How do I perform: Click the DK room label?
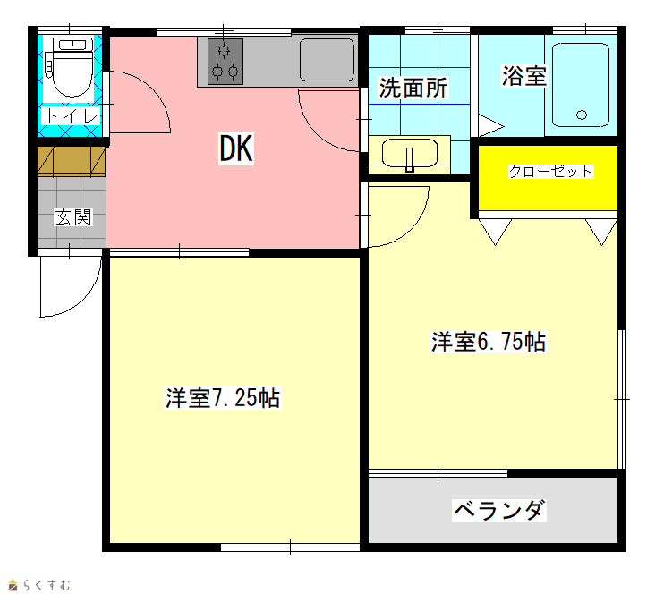point(236,148)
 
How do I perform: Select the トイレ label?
point(72,115)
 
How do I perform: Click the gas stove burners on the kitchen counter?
point(225,62)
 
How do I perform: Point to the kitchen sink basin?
point(327,60)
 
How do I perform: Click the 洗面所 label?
point(413,88)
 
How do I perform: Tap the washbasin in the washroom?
point(410,154)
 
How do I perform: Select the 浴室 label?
point(523,76)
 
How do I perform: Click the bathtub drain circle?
point(582,115)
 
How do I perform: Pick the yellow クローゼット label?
point(550,171)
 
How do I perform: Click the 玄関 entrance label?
point(73,216)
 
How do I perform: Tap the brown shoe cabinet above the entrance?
point(72,161)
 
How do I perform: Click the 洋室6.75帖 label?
point(489,342)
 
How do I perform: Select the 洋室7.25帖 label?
point(223,398)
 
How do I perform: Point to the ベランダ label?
point(499,510)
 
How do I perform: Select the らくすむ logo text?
point(47,585)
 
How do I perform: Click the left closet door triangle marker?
point(496,231)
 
